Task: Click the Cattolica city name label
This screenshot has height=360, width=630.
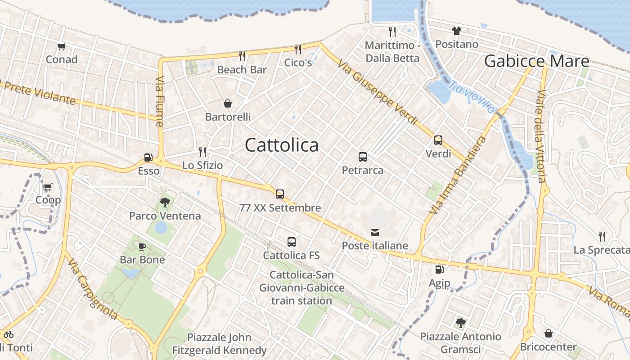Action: click(x=282, y=145)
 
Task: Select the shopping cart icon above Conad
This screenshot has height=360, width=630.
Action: click(x=62, y=46)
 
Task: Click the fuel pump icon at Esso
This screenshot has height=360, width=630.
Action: click(x=148, y=157)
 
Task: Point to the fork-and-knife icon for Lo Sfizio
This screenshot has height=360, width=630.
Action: click(x=202, y=152)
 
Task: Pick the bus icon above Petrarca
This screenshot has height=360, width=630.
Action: click(x=363, y=157)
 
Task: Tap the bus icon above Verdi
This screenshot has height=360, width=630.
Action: click(x=438, y=140)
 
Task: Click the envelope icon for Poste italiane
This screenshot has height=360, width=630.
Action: click(x=375, y=233)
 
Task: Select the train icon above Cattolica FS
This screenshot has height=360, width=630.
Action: click(x=292, y=242)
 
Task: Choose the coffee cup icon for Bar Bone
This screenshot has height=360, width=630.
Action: click(x=142, y=246)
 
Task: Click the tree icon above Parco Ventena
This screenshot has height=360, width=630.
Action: click(x=165, y=202)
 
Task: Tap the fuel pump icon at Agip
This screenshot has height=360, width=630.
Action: click(x=439, y=270)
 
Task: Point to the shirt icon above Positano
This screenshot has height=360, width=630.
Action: click(x=457, y=31)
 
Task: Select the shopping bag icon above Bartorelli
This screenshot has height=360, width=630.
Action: click(x=228, y=103)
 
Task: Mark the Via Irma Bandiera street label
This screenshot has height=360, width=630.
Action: click(x=458, y=175)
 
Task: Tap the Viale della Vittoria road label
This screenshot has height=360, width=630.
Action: click(x=541, y=136)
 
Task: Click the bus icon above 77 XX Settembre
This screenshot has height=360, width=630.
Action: click(x=280, y=194)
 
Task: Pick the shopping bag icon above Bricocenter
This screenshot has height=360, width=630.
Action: click(x=548, y=333)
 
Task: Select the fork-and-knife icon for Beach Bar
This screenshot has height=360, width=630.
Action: click(x=242, y=56)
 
